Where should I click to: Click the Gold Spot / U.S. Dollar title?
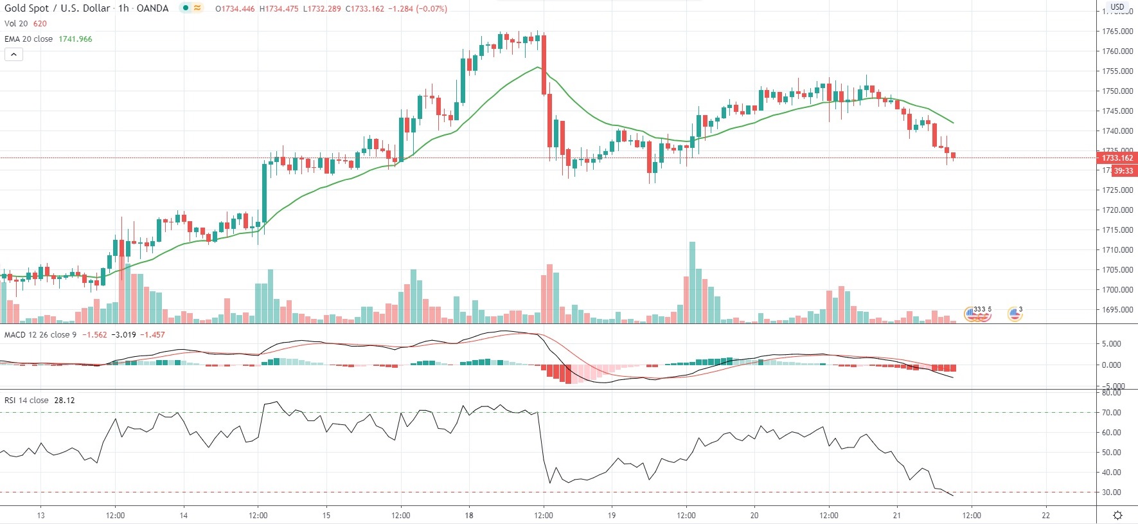tap(57, 8)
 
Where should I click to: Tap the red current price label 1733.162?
tap(1117, 158)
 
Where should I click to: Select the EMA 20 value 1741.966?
tap(75, 39)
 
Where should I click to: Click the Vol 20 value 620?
tap(40, 24)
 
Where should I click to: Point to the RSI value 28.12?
tap(64, 401)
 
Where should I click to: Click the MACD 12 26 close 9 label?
tap(40, 335)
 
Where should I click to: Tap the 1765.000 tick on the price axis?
tap(1117, 32)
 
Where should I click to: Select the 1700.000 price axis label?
tap(1117, 290)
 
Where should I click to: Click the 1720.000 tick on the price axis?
tap(1117, 210)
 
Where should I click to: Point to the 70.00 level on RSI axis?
tap(1112, 413)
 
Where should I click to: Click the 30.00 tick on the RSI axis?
tap(1112, 492)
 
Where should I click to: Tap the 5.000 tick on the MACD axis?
tap(1112, 344)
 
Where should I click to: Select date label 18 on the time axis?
tap(469, 515)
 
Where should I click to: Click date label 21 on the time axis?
tap(897, 515)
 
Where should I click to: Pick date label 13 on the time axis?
tap(40, 515)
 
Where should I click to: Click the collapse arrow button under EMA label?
tap(13, 55)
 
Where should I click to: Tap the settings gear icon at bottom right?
tap(1117, 515)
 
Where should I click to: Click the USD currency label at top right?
tap(1117, 7)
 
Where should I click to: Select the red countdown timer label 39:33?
tap(1124, 171)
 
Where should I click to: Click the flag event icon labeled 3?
tap(1015, 314)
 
